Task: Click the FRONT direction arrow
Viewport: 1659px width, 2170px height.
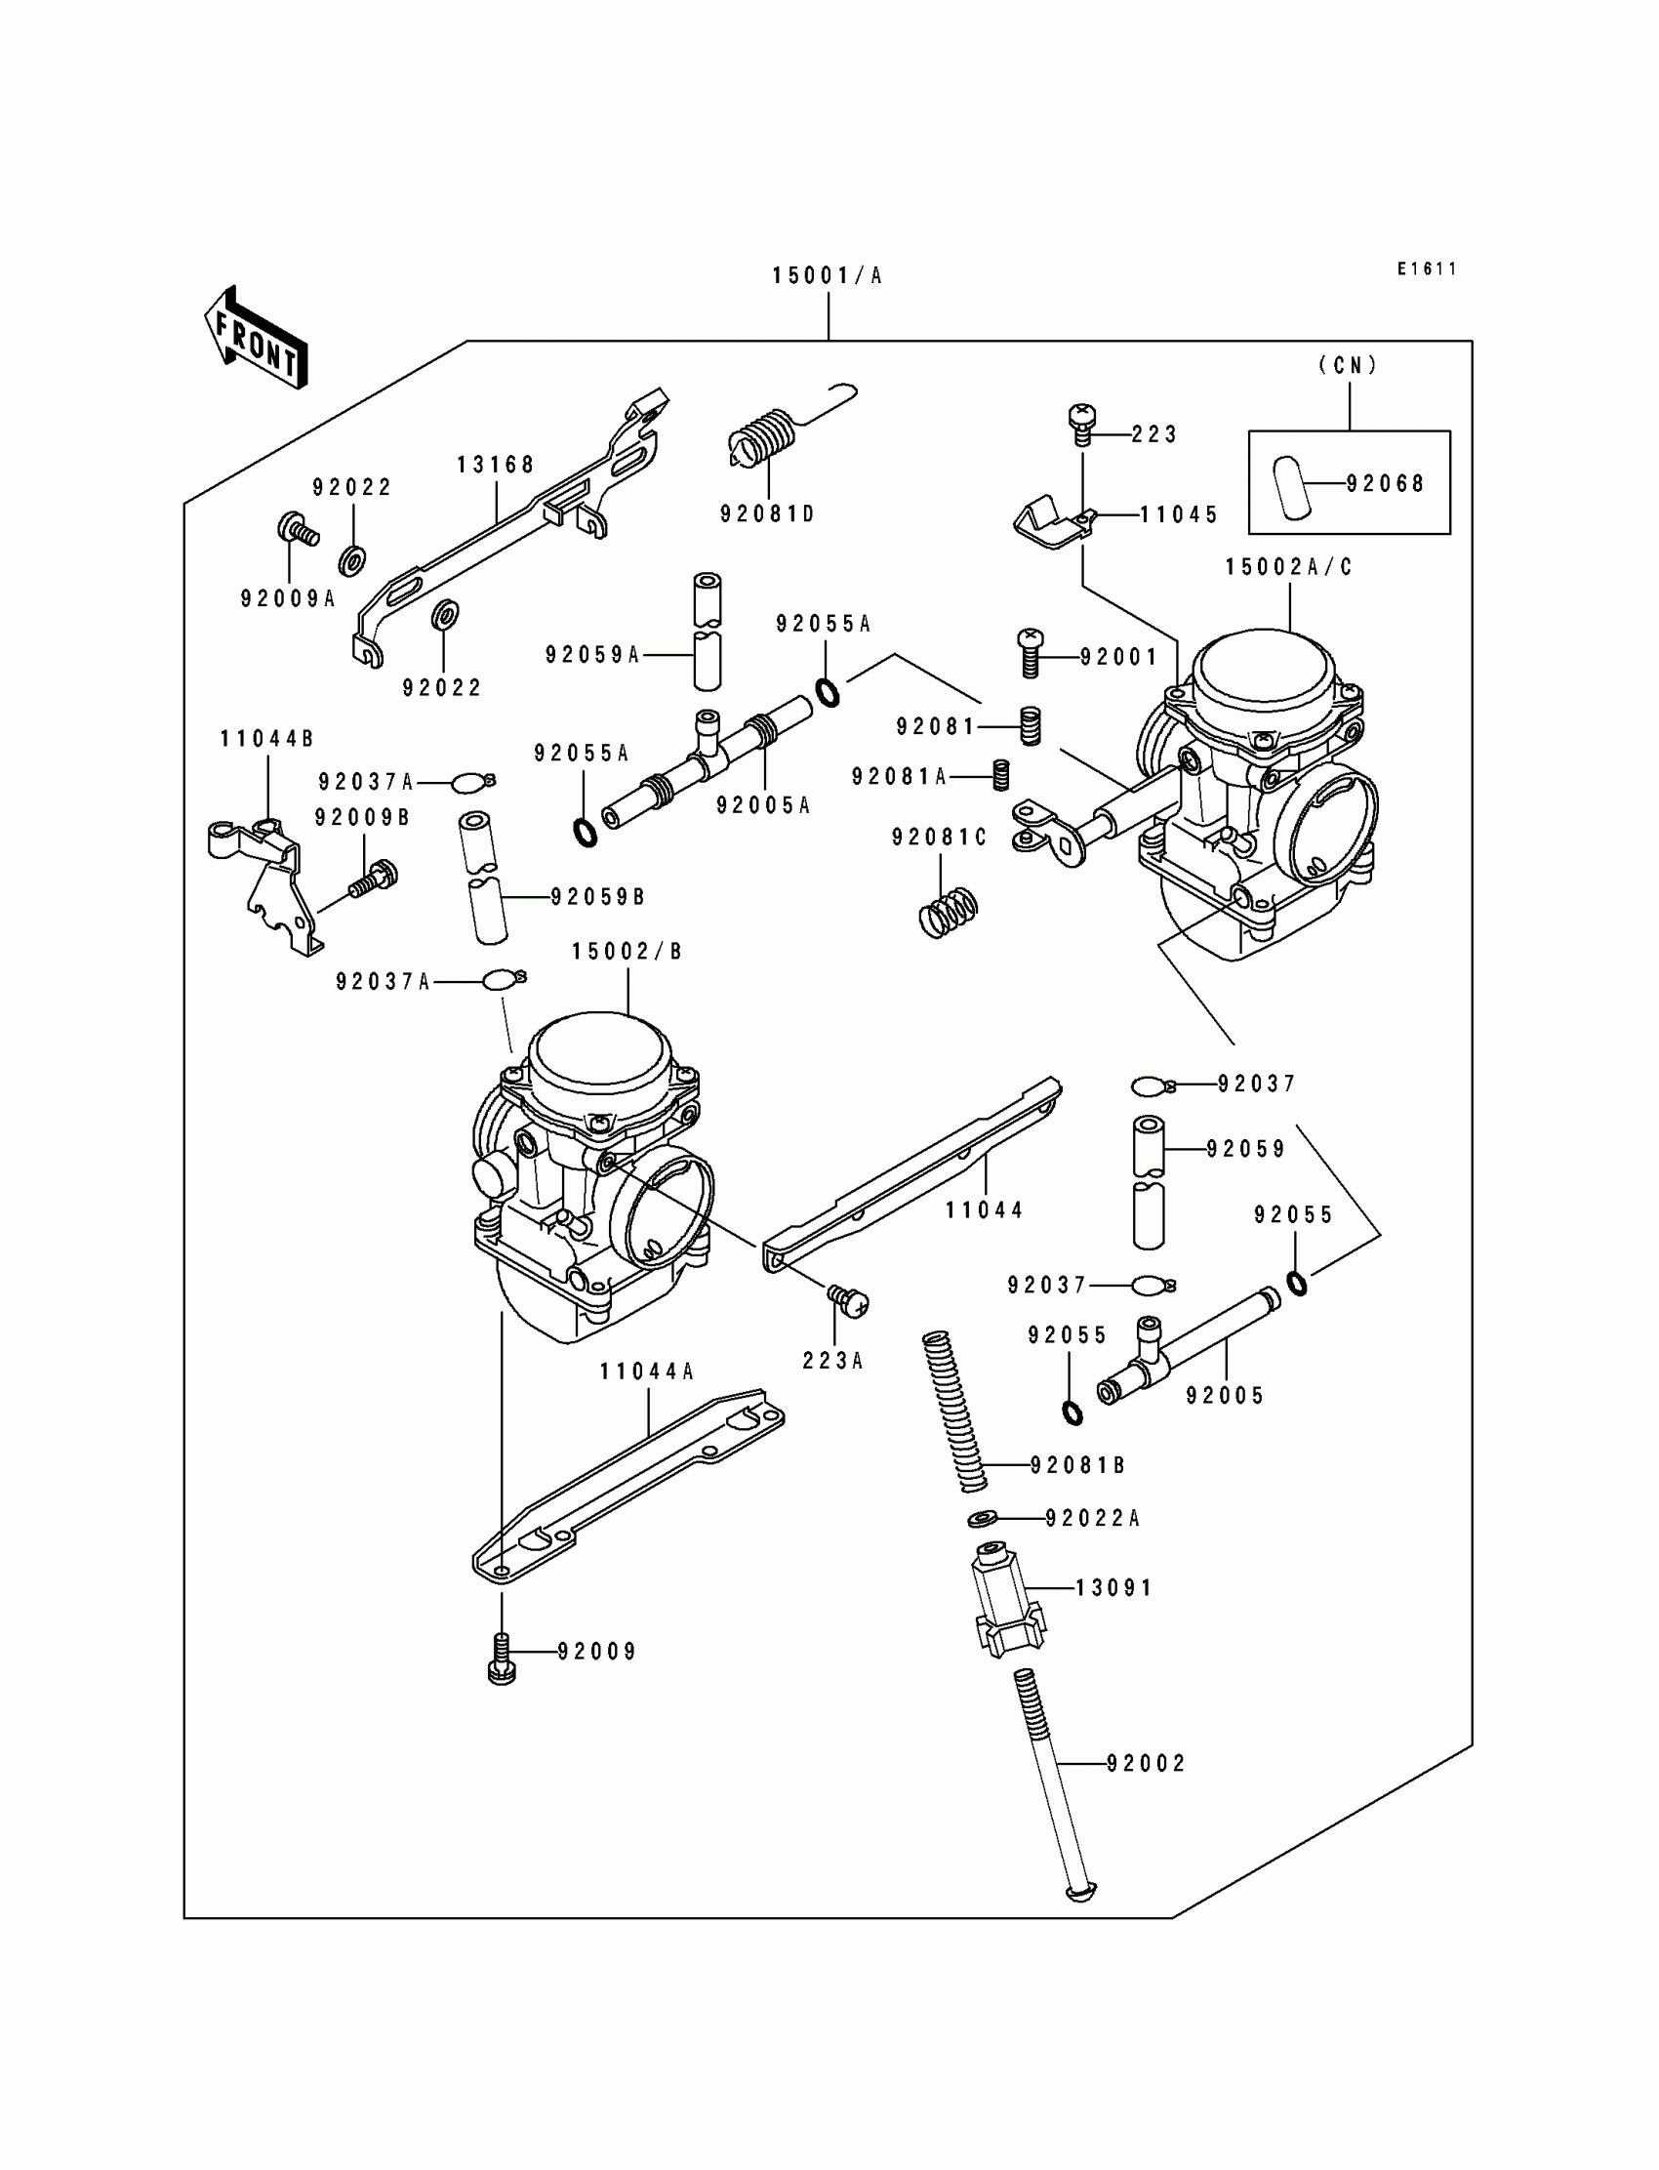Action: click(x=256, y=339)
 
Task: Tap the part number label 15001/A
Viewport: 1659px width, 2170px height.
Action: click(x=827, y=276)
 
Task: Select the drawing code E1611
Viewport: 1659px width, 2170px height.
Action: click(x=1426, y=268)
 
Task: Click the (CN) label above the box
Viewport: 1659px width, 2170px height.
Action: click(x=1348, y=365)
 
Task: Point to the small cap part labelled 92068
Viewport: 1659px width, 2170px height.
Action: click(x=1290, y=485)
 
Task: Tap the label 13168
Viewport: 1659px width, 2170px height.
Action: click(x=496, y=466)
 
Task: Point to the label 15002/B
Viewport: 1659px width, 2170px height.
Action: click(x=627, y=951)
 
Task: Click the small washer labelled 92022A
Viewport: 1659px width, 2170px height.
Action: click(x=983, y=1517)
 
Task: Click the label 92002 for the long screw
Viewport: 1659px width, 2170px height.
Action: click(x=1146, y=1763)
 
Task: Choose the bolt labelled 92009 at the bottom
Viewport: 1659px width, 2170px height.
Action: click(x=502, y=1658)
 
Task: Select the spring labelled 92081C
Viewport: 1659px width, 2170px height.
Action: click(x=948, y=910)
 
